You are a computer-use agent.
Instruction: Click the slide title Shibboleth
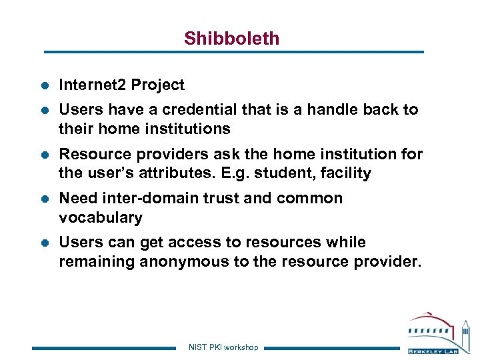[x=231, y=39]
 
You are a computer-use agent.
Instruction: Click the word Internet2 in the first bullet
[x=92, y=85]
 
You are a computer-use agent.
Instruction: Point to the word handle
[x=331, y=109]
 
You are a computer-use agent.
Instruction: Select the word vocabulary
[x=101, y=218]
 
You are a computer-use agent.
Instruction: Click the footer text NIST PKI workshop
[x=223, y=347]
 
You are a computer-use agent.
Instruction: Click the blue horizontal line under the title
[x=233, y=52]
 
